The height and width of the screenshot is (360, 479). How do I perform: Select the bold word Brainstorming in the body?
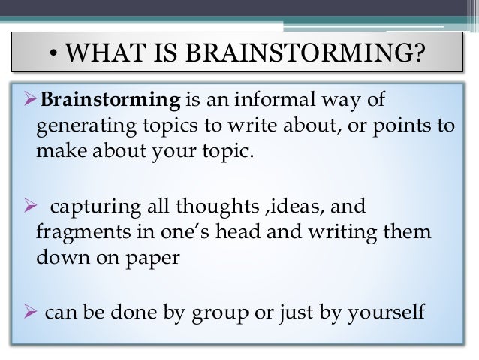(x=110, y=101)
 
